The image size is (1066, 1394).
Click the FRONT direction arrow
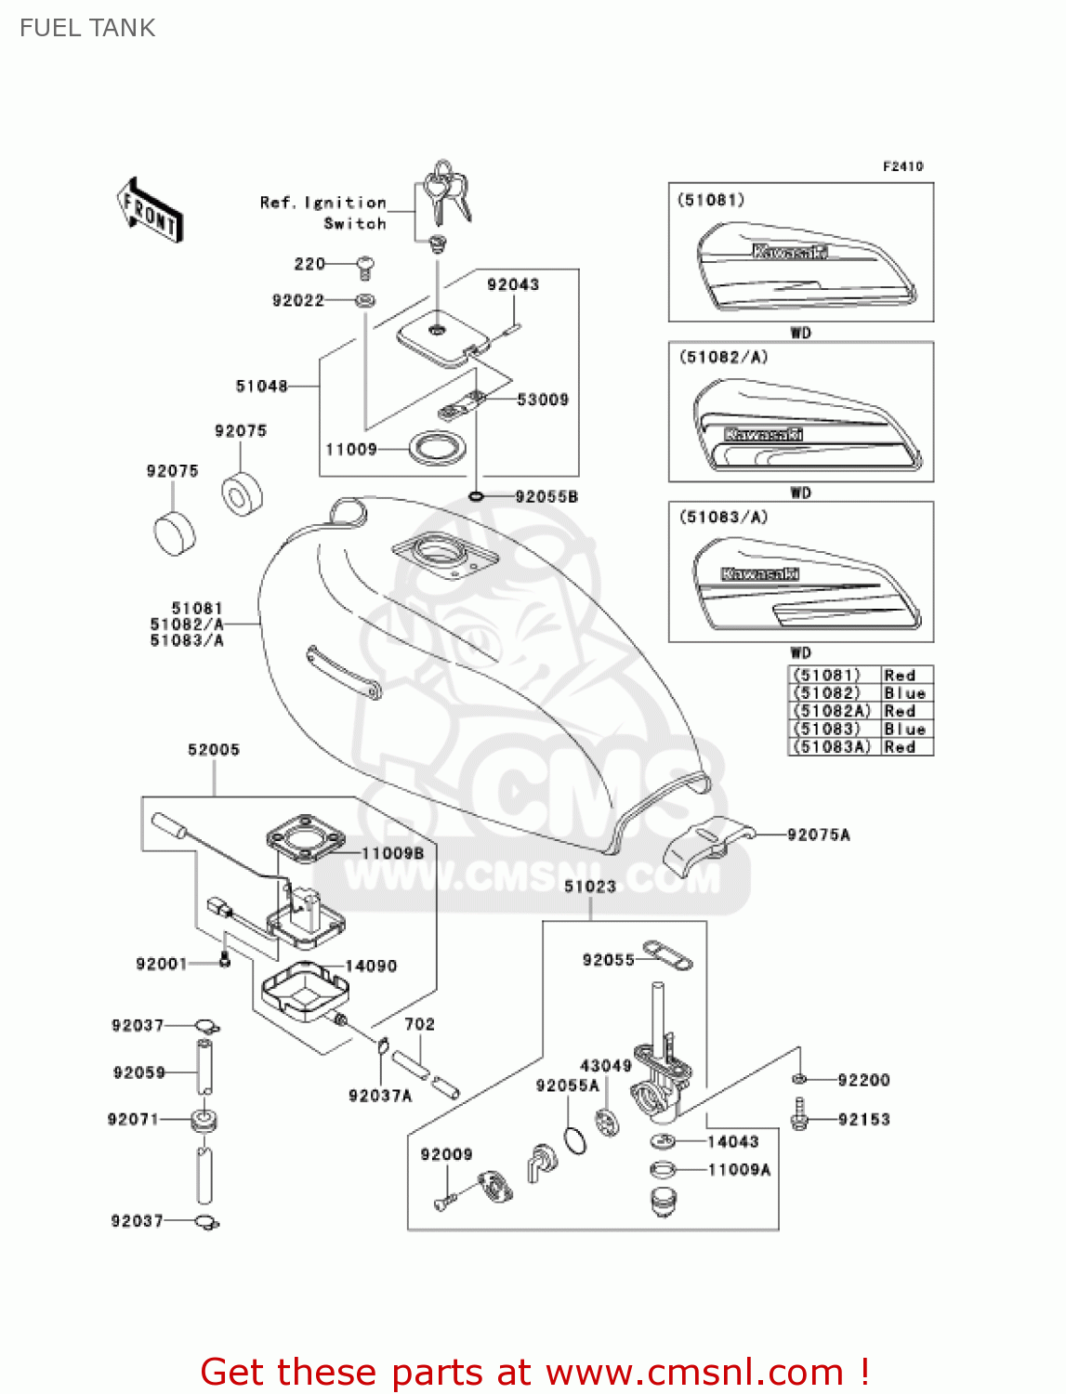pyautogui.click(x=150, y=210)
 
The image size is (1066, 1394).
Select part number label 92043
pyautogui.click(x=513, y=284)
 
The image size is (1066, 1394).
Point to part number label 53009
pyautogui.click(x=543, y=400)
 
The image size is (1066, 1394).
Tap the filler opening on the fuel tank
pyautogui.click(x=441, y=554)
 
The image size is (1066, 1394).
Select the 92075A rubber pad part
pyautogui.click(x=706, y=842)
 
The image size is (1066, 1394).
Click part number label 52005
pyautogui.click(x=214, y=749)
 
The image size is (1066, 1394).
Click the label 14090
pyautogui.click(x=371, y=966)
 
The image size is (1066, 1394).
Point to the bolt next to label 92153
pyautogui.click(x=798, y=1115)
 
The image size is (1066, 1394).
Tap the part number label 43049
pyautogui.click(x=606, y=1065)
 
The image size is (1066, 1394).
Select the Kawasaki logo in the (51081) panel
pyautogui.click(x=789, y=252)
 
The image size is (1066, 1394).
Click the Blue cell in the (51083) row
pyautogui.click(x=904, y=729)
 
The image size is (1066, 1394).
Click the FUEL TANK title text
pyautogui.click(x=87, y=28)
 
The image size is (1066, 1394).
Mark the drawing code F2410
pyautogui.click(x=902, y=166)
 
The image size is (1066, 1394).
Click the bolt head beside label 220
pyautogui.click(x=365, y=267)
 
